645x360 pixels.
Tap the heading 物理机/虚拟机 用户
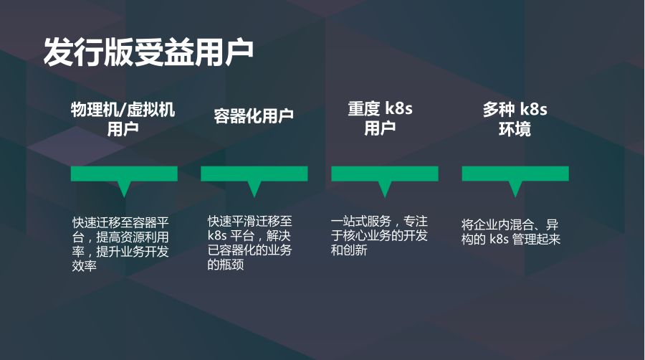pos(123,119)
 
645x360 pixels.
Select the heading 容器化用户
pos(254,116)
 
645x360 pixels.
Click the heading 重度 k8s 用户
pos(380,119)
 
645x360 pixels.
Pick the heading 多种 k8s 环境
pos(515,119)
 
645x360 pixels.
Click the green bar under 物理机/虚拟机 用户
pos(124,174)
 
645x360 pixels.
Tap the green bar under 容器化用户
pos(254,174)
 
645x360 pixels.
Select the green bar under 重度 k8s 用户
pos(384,174)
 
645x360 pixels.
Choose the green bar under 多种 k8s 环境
pos(515,174)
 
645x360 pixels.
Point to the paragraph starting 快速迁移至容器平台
pos(120,243)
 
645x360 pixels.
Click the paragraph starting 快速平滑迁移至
pos(250,242)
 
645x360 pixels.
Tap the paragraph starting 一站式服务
pos(379,235)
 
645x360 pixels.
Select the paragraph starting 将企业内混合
pos(510,232)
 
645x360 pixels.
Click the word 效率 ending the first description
pos(85,266)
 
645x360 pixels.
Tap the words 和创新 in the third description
pos(349,251)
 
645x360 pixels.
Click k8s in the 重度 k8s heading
pos(398,110)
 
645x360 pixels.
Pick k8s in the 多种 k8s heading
pos(533,110)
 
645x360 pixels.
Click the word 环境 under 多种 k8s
pos(515,130)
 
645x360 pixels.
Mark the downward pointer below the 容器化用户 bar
pos(254,189)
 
